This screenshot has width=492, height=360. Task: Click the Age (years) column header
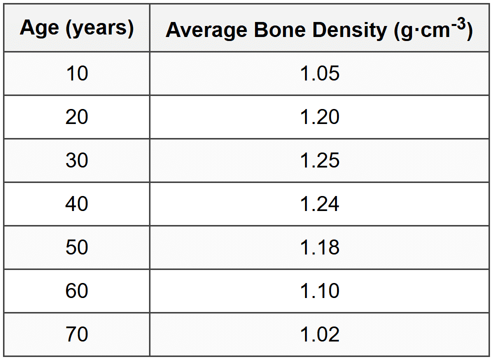(76, 28)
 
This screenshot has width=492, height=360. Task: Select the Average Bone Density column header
(319, 29)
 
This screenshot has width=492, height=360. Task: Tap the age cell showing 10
(76, 73)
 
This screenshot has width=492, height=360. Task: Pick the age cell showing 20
(76, 117)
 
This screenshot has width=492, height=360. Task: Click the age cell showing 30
(76, 160)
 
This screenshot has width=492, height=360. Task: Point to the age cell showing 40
(76, 204)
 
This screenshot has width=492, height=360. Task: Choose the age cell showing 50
(76, 247)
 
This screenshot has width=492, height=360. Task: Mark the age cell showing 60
(76, 291)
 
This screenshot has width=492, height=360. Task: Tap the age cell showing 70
(76, 334)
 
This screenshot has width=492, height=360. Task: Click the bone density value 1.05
(319, 73)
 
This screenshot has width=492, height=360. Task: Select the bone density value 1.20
(319, 117)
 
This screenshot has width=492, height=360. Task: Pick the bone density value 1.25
(319, 160)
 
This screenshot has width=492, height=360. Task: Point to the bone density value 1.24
(319, 204)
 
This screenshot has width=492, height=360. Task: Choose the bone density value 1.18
(319, 247)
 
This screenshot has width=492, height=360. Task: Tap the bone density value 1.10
(319, 291)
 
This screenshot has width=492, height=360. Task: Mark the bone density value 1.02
(319, 334)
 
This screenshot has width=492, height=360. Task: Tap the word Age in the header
(40, 28)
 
